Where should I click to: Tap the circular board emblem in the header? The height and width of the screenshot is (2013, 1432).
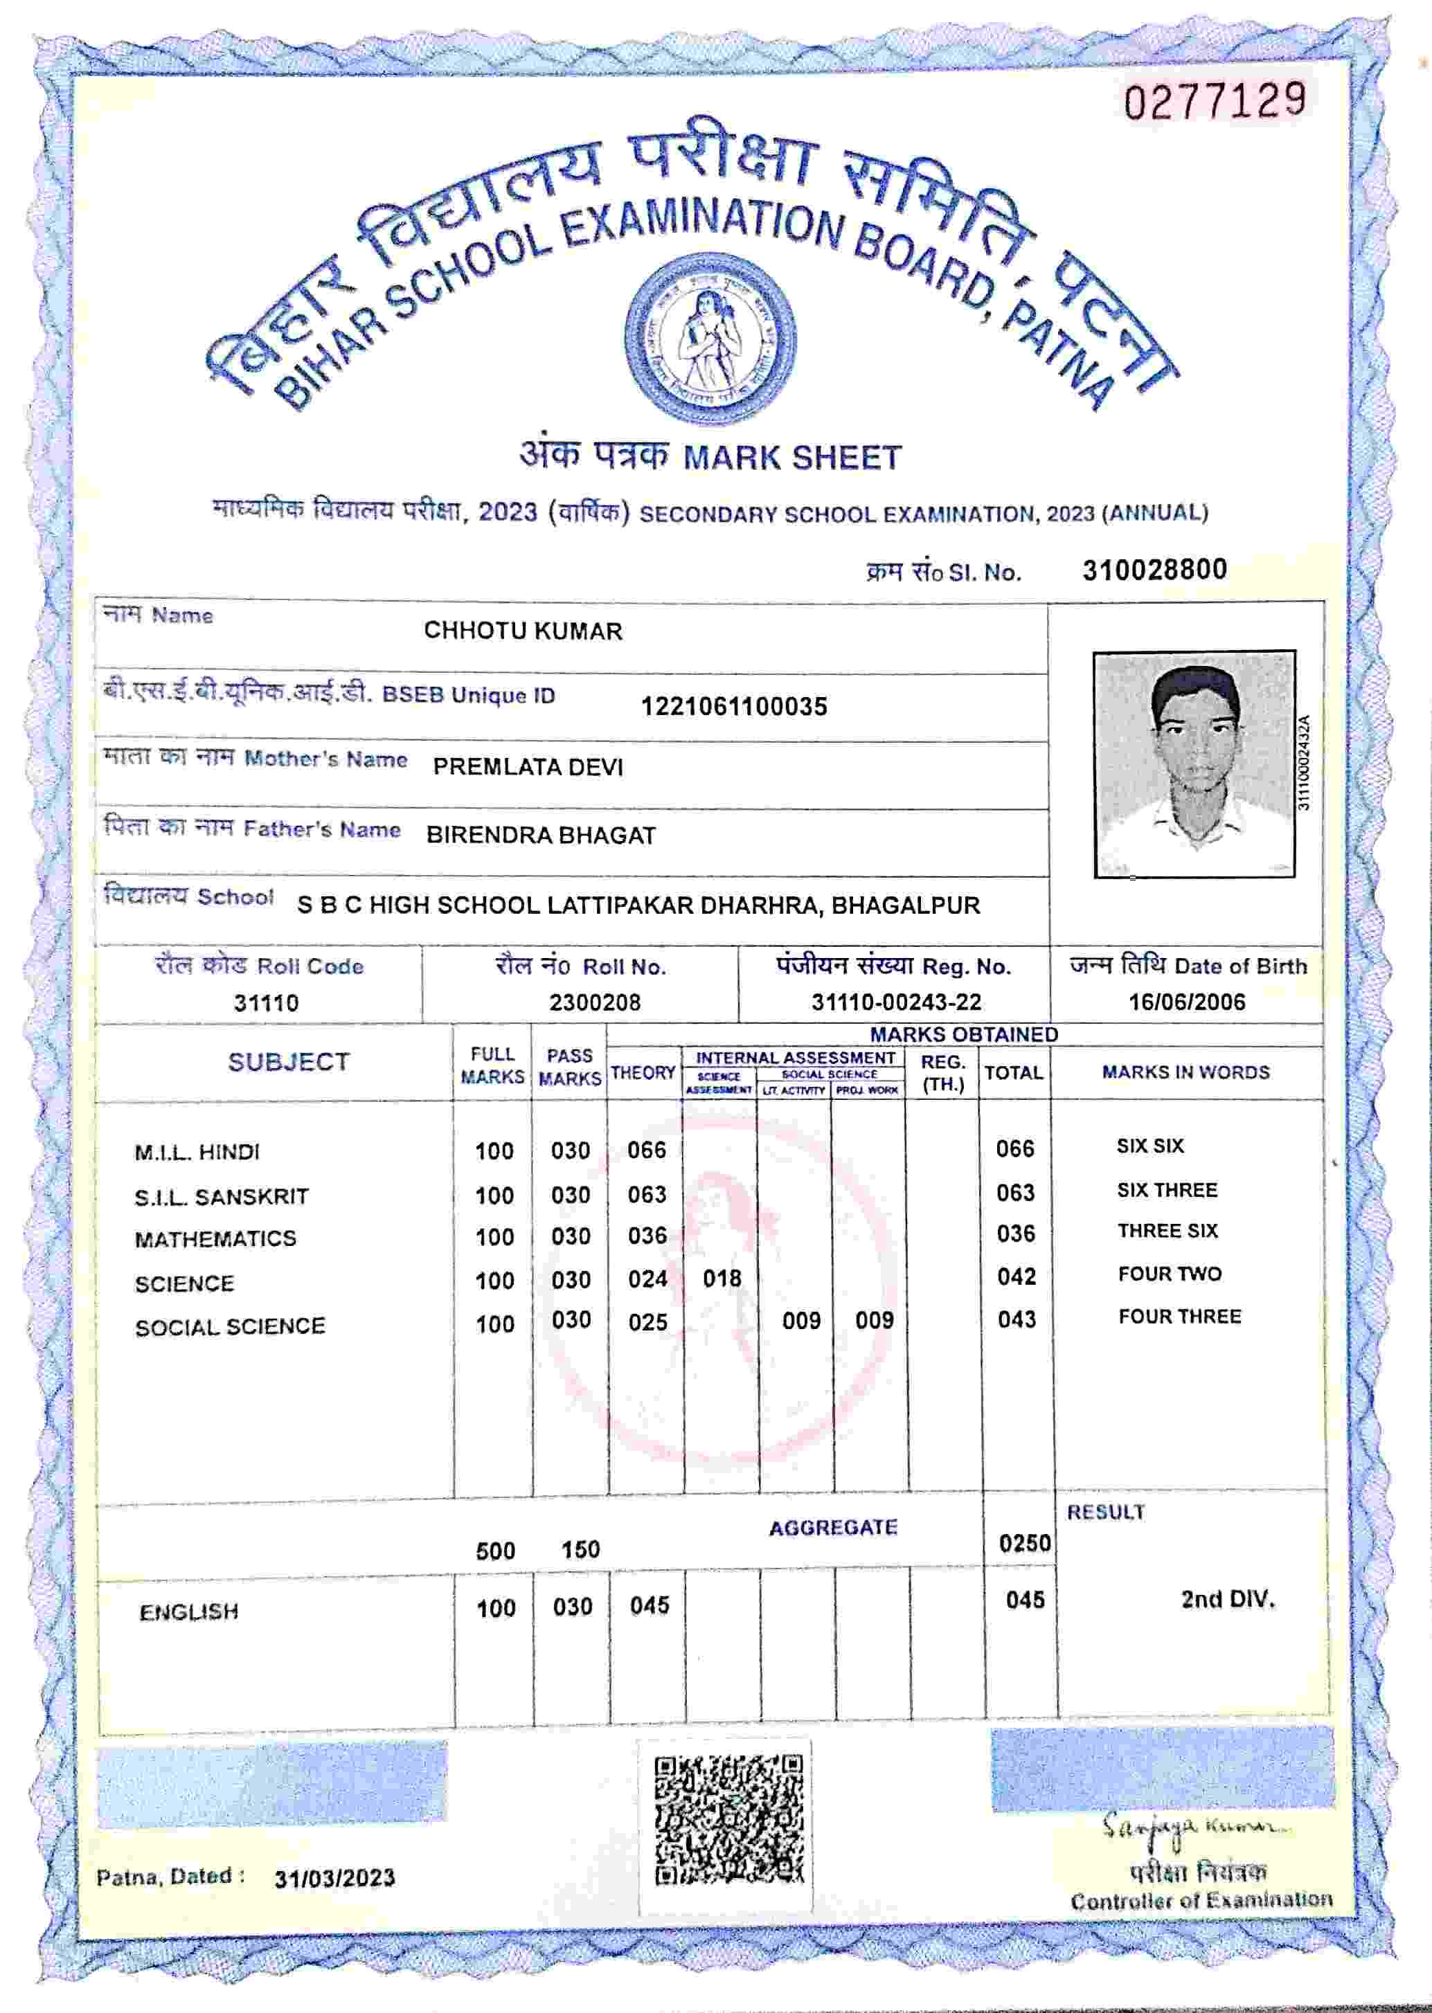710,339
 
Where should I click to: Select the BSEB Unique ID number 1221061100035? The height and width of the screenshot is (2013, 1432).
733,707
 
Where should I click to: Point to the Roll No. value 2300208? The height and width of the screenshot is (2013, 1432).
594,1002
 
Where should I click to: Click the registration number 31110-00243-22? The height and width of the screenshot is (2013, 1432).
896,1002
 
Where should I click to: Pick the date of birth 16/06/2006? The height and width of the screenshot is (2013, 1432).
1187,1002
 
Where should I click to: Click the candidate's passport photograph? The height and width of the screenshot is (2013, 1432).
1194,764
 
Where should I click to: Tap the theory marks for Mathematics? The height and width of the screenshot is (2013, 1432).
647,1236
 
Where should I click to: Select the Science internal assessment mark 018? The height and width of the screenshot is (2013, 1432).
722,1279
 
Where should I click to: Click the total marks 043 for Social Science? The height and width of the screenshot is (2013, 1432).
1017,1319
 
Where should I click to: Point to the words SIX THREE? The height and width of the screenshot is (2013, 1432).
1167,1190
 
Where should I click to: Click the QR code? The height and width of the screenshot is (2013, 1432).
728,1820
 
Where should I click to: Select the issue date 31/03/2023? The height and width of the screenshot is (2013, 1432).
334,1879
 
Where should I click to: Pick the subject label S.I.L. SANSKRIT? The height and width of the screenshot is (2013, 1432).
222,1197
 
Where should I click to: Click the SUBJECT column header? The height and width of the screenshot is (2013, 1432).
288,1062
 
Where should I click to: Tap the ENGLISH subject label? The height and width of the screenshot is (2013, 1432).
189,1612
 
